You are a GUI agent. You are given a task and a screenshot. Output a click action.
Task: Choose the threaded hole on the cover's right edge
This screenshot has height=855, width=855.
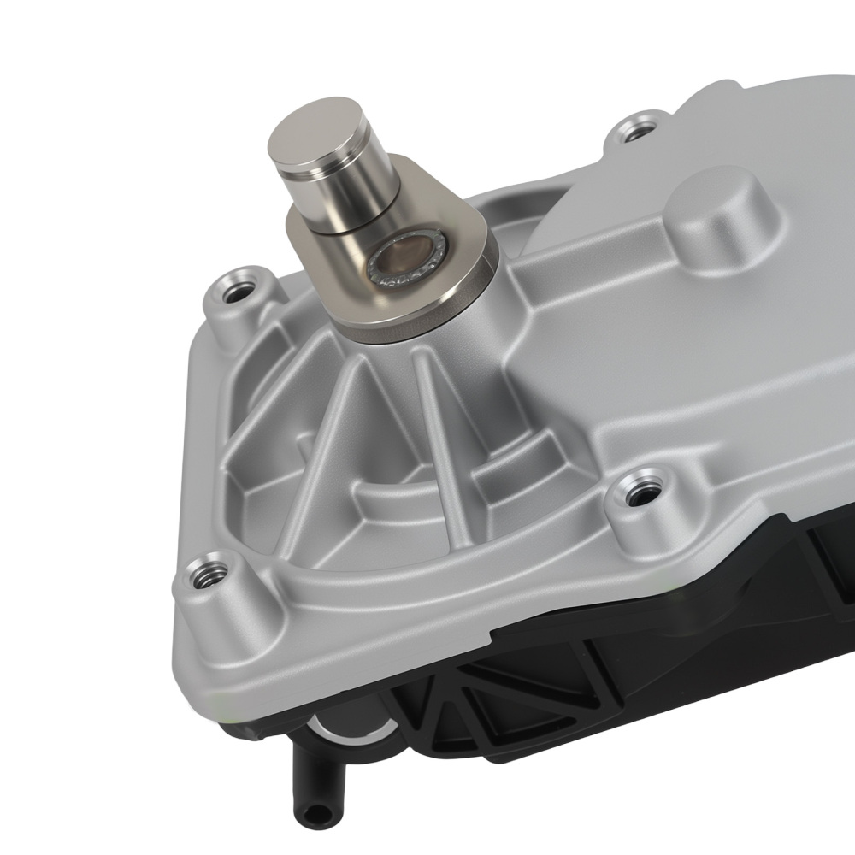tap(636, 492)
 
